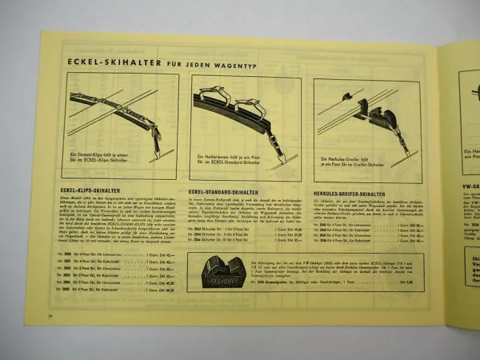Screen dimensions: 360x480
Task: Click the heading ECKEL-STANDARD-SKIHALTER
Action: point(229,191)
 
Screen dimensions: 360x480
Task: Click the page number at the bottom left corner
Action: point(50,318)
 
